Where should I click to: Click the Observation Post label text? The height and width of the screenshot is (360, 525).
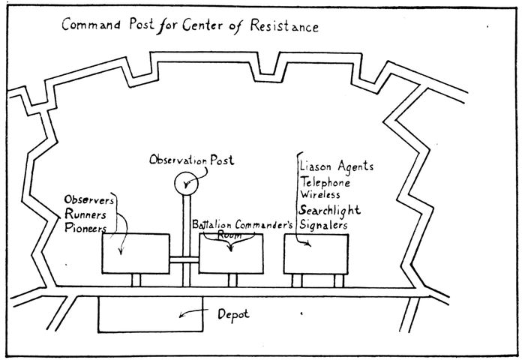[x=191, y=160]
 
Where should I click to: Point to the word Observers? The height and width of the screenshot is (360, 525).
[x=89, y=199]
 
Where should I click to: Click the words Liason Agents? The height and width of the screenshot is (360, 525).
[x=336, y=166]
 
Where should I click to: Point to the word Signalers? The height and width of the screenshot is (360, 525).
[x=324, y=223]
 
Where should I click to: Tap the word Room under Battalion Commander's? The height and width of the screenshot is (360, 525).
[x=229, y=235]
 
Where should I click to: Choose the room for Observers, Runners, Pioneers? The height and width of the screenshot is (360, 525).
[x=134, y=253]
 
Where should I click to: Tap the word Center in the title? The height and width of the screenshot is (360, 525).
[x=208, y=27]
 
